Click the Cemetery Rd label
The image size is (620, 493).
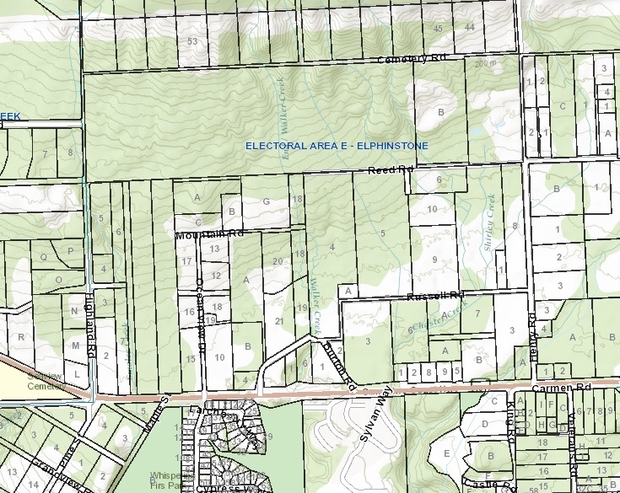[x=410, y=59]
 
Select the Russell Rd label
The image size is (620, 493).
[x=436, y=296]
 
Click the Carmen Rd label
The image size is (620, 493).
[x=553, y=388]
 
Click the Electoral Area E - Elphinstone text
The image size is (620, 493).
[x=337, y=146]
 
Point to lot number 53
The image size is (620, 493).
[x=193, y=40]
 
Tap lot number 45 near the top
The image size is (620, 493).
[x=438, y=28]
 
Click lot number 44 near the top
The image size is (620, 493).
[x=470, y=28]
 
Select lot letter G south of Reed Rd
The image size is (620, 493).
[x=267, y=201]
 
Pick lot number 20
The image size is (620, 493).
[x=278, y=261]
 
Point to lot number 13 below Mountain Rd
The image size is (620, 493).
[x=215, y=249]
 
